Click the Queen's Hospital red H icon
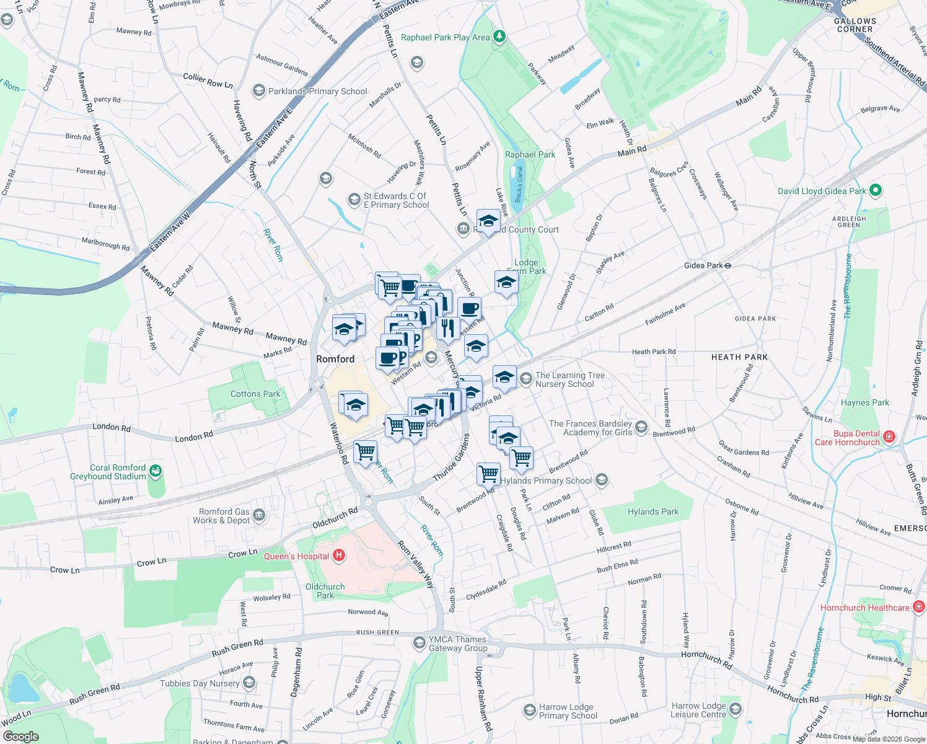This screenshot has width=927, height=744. (339, 556)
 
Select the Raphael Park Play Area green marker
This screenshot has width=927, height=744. (499, 37)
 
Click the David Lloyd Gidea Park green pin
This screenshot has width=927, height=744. (876, 191)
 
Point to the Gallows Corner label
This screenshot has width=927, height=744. (855, 25)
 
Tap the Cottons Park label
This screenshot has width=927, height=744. (255, 394)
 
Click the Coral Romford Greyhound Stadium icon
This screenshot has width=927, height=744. (155, 472)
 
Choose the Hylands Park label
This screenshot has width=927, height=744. (653, 511)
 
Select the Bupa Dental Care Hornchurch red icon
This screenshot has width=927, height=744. (889, 437)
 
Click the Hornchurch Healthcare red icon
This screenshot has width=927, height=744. (919, 607)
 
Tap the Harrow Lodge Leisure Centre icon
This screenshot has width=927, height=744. (735, 709)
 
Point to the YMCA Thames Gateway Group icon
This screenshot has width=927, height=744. (420, 643)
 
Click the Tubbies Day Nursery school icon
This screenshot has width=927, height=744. (249, 683)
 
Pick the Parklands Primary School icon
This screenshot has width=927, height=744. (258, 91)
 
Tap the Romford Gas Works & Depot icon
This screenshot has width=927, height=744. (259, 515)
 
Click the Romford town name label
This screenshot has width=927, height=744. (335, 359)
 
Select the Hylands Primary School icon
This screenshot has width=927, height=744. (601, 480)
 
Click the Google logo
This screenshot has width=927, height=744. (21, 737)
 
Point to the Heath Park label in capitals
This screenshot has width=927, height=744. (739, 357)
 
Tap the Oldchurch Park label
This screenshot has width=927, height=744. (325, 591)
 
